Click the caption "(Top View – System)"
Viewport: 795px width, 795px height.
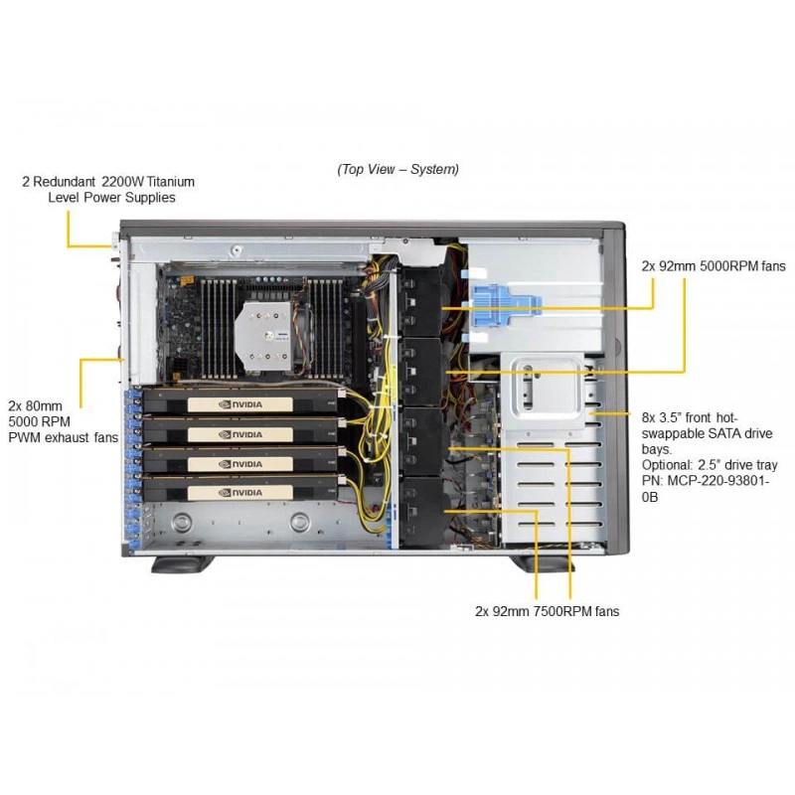click(x=397, y=169)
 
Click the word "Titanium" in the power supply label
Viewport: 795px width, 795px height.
click(x=171, y=182)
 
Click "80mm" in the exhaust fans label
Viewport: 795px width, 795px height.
click(x=44, y=405)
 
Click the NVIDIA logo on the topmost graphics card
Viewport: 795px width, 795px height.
click(x=240, y=404)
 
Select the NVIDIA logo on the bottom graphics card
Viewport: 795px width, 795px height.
click(x=240, y=492)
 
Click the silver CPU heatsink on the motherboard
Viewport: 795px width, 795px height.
click(x=263, y=335)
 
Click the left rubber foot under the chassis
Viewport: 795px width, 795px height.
click(x=182, y=564)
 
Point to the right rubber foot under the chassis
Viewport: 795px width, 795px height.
click(x=542, y=564)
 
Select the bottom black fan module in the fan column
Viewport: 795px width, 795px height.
click(x=423, y=512)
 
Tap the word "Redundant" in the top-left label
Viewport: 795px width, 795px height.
click(x=64, y=182)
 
